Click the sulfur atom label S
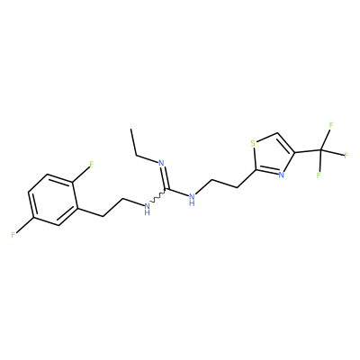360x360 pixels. click(253, 143)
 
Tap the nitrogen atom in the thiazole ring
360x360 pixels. click(281, 175)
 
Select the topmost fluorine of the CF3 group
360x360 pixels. click(331, 125)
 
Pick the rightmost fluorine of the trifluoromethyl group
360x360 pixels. click(346, 156)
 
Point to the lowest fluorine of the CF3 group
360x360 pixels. click(319, 175)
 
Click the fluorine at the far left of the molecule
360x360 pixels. click(13, 235)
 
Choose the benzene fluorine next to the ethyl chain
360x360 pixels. click(92, 164)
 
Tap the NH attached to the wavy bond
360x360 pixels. click(147, 209)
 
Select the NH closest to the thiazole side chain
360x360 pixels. click(192, 200)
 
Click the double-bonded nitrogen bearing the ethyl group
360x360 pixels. click(161, 164)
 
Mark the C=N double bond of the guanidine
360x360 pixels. click(165, 178)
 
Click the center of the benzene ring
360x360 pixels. click(53, 200)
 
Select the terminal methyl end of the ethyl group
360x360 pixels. click(131, 130)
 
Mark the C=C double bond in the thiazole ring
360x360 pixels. click(286, 143)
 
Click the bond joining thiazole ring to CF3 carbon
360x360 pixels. click(309, 151)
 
